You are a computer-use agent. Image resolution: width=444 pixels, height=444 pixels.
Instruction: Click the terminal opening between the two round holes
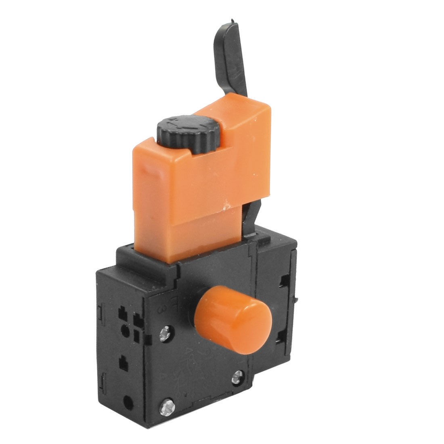pyautogui.click(x=123, y=365)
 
